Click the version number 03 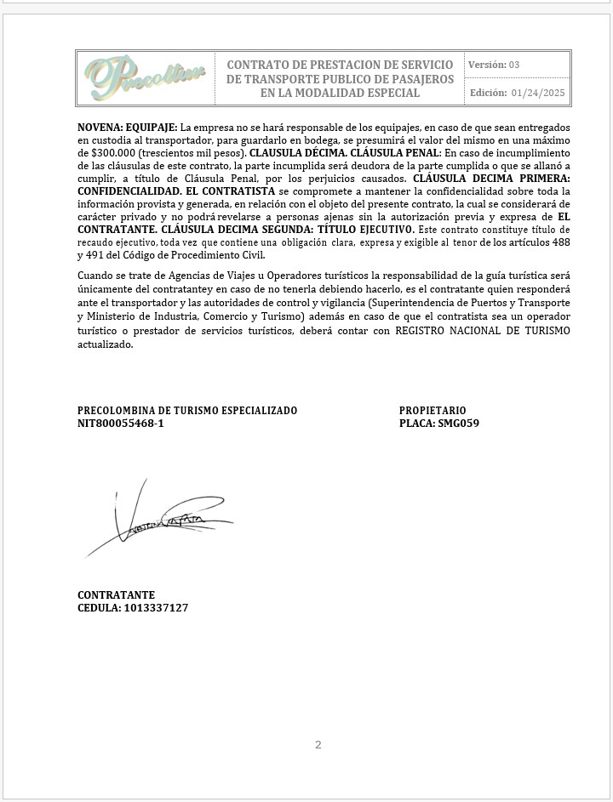coord(514,65)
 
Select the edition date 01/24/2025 coord(538,93)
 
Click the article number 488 coord(561,242)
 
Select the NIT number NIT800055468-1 coord(121,423)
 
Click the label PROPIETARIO coord(433,411)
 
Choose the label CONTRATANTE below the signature coord(117,595)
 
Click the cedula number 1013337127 coord(156,608)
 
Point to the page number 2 coord(318,745)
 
